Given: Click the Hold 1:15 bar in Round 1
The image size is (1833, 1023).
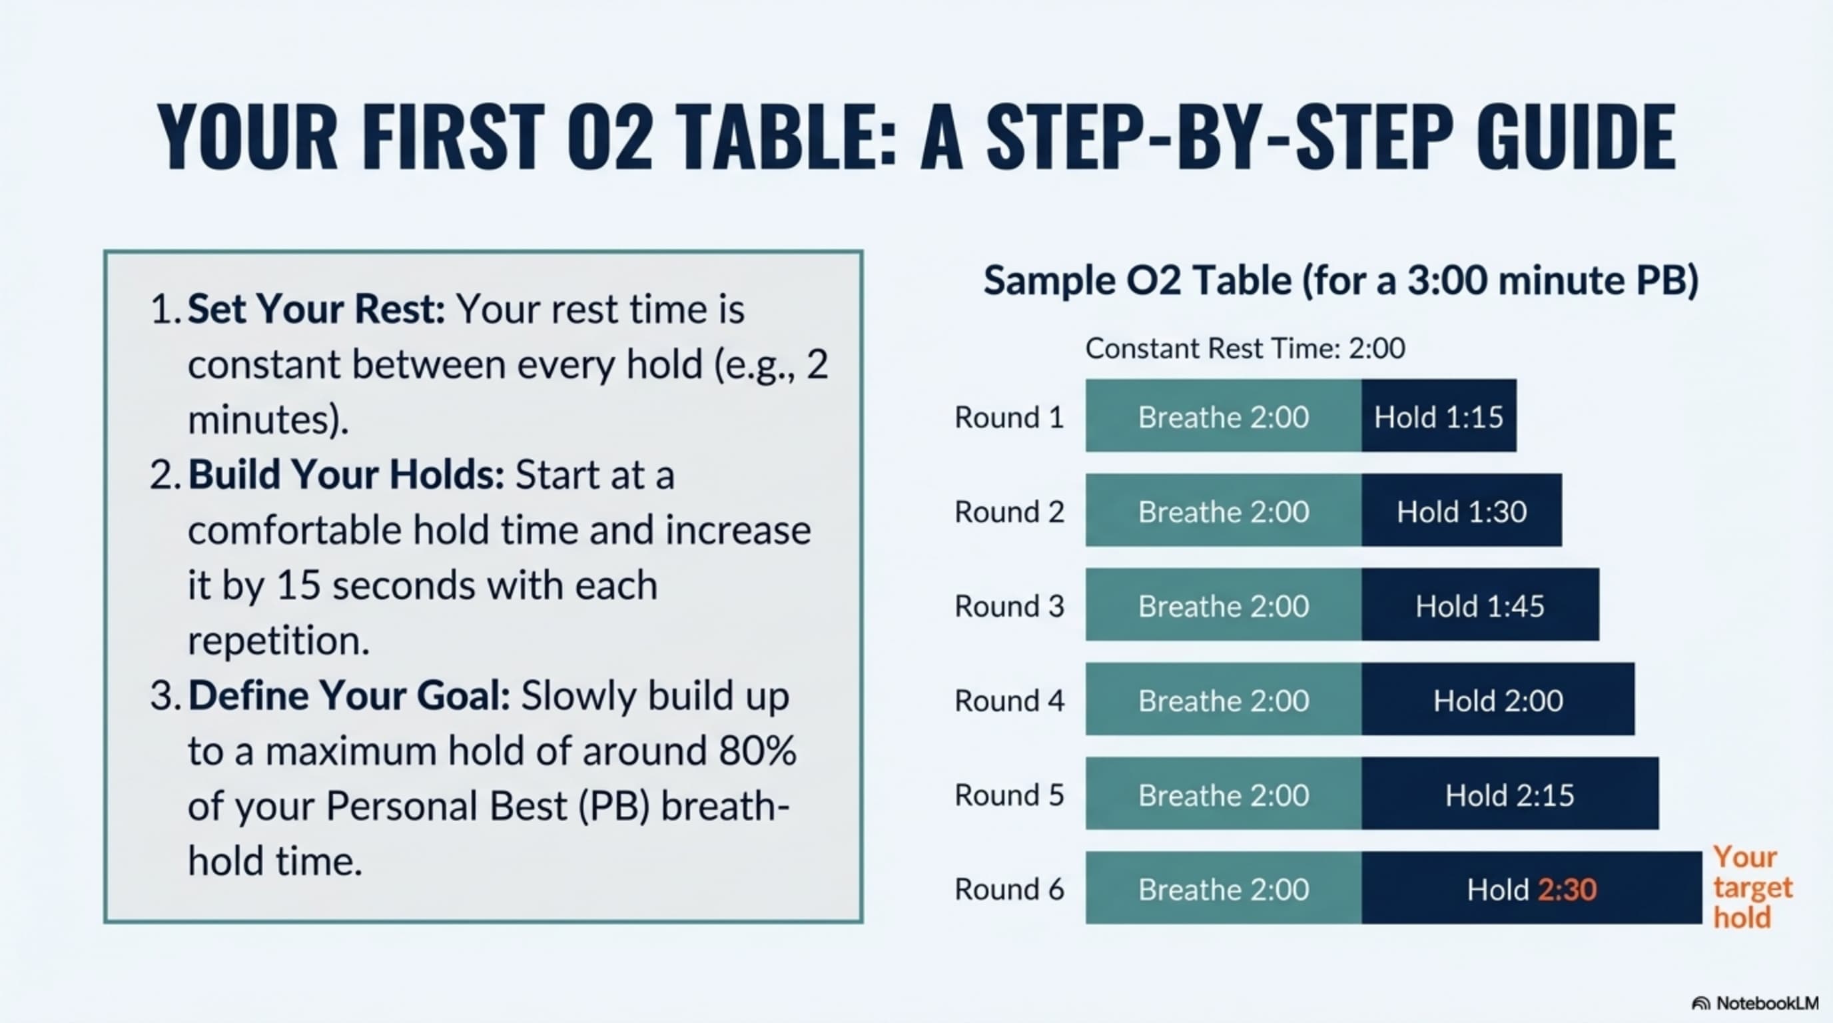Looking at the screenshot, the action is click(1439, 416).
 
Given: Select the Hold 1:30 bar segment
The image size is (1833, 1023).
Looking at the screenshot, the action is click(1461, 510).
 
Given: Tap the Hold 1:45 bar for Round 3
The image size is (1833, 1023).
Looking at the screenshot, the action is click(1480, 605).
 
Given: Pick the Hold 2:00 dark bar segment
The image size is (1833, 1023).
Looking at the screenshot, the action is click(1498, 699).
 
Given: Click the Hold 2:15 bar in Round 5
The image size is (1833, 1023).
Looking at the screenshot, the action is click(1510, 793).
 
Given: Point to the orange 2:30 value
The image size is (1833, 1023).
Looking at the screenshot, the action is click(1568, 889).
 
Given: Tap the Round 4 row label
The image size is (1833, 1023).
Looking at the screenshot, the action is click(1009, 701).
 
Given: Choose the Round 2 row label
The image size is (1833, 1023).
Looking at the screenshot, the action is click(1009, 511).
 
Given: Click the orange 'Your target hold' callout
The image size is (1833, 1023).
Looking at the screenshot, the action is click(1752, 887).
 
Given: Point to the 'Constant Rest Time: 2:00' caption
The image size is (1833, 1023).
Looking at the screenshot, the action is click(1246, 348).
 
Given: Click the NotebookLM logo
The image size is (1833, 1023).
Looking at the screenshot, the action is click(1754, 1003).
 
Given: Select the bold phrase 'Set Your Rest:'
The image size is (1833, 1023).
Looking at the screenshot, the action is click(316, 310).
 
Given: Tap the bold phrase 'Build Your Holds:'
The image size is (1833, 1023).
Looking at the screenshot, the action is click(346, 474).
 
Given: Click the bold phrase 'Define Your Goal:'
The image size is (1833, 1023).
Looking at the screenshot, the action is click(348, 696).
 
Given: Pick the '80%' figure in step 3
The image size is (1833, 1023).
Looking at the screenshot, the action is click(758, 751).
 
